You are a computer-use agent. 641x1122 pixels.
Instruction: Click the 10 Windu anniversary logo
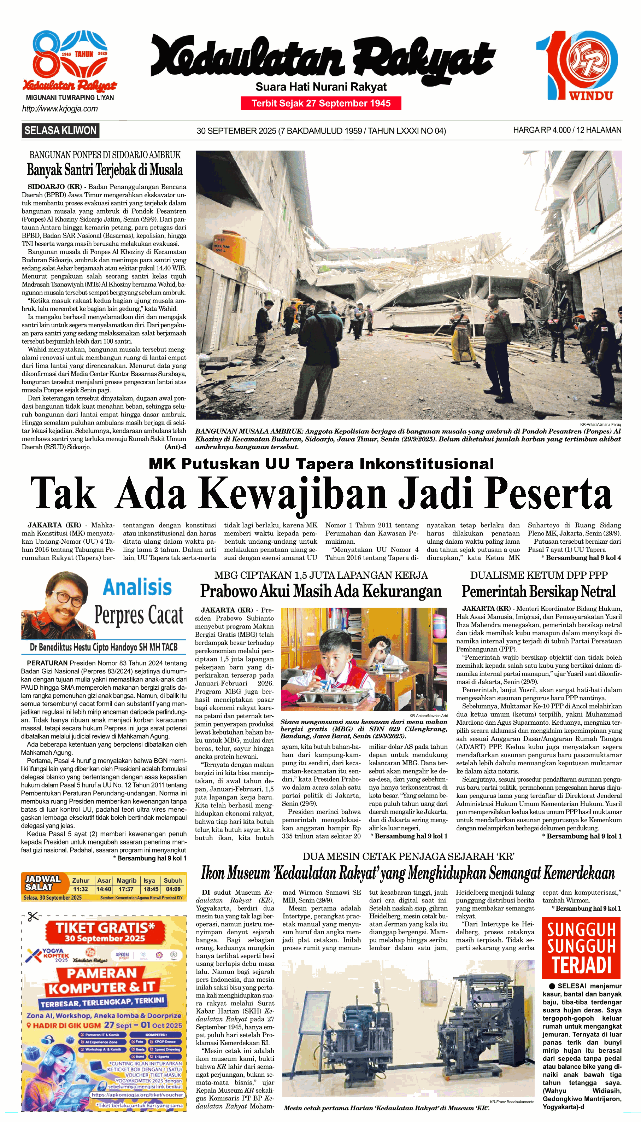pos(577,65)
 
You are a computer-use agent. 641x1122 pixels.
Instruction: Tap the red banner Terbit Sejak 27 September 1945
pos(321,104)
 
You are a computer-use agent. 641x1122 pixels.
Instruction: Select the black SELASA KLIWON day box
pos(60,131)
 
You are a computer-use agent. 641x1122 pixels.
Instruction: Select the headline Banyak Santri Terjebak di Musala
pos(105,170)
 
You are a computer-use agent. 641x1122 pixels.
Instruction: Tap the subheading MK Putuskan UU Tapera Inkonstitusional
pos(321,464)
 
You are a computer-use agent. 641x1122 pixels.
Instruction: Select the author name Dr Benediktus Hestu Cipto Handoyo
pos(104,647)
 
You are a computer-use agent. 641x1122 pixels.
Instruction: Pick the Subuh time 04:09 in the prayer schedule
pos(173,889)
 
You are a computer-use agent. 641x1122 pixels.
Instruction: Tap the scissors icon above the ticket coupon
pos(33,916)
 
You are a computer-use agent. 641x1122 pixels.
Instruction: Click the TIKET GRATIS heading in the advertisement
pos(105,928)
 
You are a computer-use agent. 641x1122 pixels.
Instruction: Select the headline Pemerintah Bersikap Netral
pos(539,591)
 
